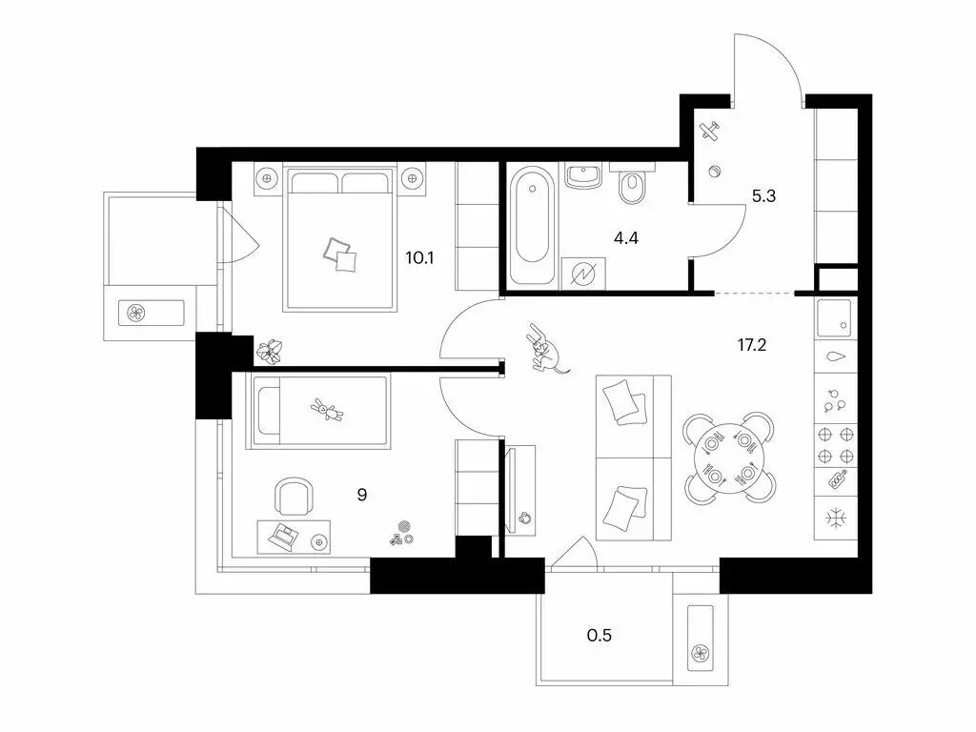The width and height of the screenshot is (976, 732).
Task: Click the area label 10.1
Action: (x=419, y=256)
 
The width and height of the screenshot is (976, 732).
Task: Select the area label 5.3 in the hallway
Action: (x=764, y=198)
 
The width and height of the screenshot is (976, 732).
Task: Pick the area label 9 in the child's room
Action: (x=362, y=495)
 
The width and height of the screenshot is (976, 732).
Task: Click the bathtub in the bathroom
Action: (x=531, y=227)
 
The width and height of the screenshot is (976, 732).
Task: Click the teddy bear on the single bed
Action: (x=326, y=411)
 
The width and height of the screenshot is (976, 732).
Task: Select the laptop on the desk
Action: (x=282, y=537)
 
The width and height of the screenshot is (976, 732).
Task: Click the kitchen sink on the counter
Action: (x=836, y=319)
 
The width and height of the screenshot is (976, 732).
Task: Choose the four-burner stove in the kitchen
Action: (x=836, y=441)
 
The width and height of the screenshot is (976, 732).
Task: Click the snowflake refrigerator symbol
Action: (x=836, y=520)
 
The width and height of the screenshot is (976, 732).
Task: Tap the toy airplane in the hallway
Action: (x=711, y=132)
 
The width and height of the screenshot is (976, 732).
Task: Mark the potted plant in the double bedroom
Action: (x=273, y=352)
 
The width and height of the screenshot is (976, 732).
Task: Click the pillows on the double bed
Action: (x=339, y=254)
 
